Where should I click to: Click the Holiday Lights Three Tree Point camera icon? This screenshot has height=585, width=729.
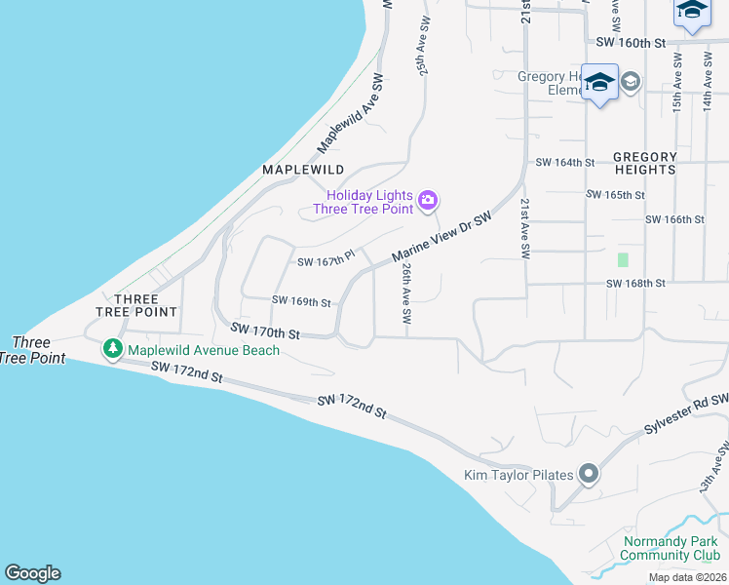tap(427, 202)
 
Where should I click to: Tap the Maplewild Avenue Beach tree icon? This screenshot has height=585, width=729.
tap(113, 349)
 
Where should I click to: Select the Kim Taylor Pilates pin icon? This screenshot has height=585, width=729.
tap(589, 475)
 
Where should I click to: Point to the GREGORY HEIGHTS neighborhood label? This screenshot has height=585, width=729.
tap(644, 163)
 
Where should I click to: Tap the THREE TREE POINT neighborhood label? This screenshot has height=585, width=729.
tap(136, 305)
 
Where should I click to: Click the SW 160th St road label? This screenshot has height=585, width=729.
tap(630, 43)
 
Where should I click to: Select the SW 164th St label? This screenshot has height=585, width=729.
tap(565, 163)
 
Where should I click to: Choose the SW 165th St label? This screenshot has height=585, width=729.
tap(615, 195)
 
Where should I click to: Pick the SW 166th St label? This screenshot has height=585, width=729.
tap(674, 220)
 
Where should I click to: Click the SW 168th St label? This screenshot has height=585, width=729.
tap(635, 284)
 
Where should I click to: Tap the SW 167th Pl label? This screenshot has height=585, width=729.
tap(326, 261)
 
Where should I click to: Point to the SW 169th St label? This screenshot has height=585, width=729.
tap(302, 302)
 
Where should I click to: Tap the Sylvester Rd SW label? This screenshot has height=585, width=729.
tap(686, 415)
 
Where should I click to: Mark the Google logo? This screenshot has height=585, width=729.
tap(32, 573)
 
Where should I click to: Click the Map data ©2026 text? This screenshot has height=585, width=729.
tap(687, 577)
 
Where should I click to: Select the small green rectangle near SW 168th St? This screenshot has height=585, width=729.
tap(623, 260)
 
